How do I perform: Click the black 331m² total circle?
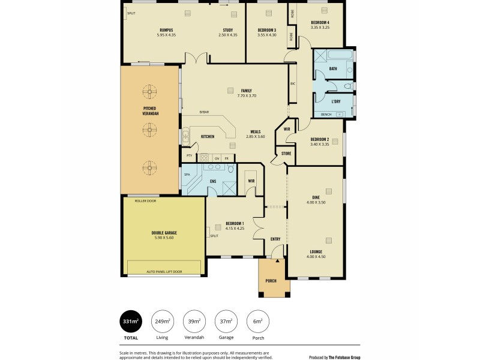pyautogui.click(x=130, y=322)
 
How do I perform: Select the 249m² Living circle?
pyautogui.click(x=162, y=322)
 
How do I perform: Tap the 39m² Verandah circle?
pyautogui.click(x=194, y=322)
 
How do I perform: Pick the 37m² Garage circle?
pyautogui.click(x=226, y=322)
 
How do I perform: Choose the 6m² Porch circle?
pyautogui.click(x=257, y=322)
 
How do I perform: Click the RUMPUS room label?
pyautogui.click(x=166, y=30)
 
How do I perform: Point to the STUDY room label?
pyautogui.click(x=227, y=30)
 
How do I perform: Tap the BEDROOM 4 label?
pyautogui.click(x=320, y=23)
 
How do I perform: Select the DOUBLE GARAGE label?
pyautogui.click(x=164, y=233)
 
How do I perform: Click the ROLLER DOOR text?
pyautogui.click(x=145, y=201)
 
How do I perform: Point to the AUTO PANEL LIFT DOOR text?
pyautogui.click(x=164, y=272)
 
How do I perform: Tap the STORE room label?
pyautogui.click(x=286, y=154)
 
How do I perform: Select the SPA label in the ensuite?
pyautogui.click(x=187, y=175)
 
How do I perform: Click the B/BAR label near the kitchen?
pyautogui.click(x=205, y=112)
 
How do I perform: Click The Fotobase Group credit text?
pyautogui.click(x=334, y=357)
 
